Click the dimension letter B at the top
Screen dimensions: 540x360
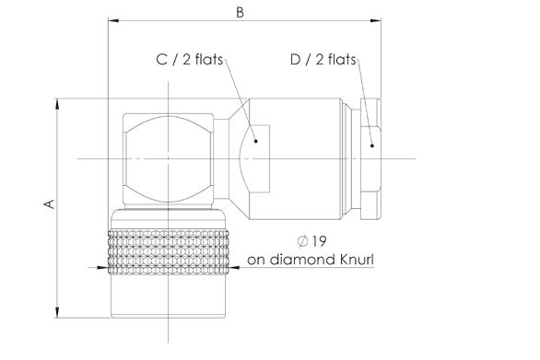tap(240, 12)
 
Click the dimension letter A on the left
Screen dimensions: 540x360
tap(49, 203)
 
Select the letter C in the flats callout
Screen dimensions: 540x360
tap(161, 60)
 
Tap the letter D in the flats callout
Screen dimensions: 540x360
tap(296, 60)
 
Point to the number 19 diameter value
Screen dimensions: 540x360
tap(319, 241)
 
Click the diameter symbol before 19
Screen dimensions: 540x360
tap(302, 241)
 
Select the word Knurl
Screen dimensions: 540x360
tap(357, 260)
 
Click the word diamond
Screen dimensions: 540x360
tap(301, 260)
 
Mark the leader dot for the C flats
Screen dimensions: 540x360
tap(255, 141)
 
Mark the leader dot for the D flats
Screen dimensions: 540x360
tap(372, 145)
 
